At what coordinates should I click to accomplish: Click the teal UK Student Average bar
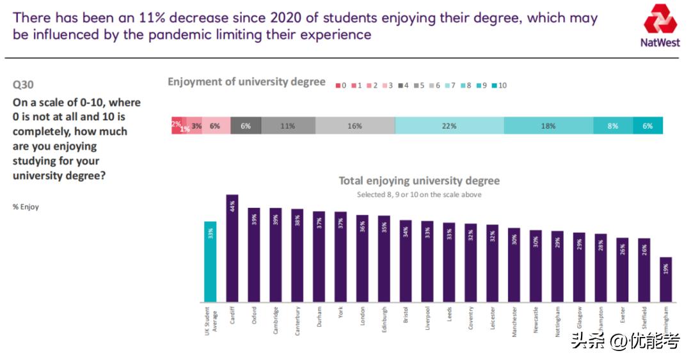tap(210, 262)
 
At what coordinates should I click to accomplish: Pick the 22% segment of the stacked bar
tap(449, 126)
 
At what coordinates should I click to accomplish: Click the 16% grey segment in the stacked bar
tap(355, 126)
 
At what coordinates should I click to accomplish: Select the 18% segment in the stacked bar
tap(548, 126)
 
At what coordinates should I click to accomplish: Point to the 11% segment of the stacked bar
tap(288, 126)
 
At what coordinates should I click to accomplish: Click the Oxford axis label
tap(254, 316)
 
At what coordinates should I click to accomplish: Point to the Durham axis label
tap(319, 316)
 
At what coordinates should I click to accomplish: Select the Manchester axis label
tap(514, 320)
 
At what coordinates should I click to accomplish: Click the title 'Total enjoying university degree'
tap(418, 181)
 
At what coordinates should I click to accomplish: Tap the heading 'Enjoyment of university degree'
tap(246, 82)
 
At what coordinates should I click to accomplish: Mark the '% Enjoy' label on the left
tap(26, 207)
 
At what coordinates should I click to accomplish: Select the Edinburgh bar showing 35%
tap(384, 258)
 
